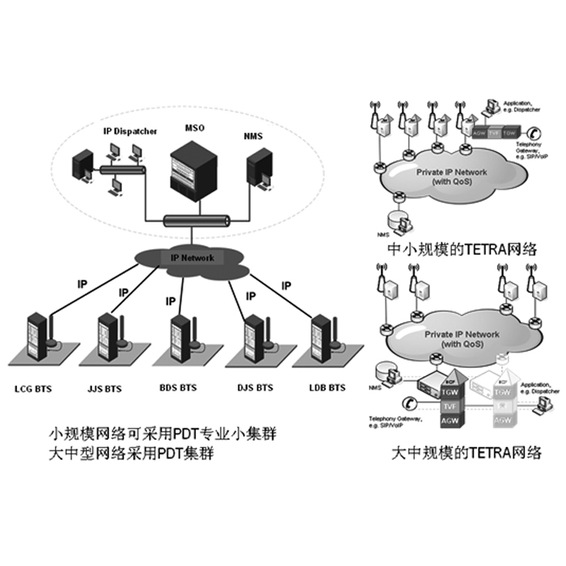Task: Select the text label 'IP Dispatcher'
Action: point(129,131)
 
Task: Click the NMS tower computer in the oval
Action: point(259,169)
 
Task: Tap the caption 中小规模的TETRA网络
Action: point(462,249)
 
